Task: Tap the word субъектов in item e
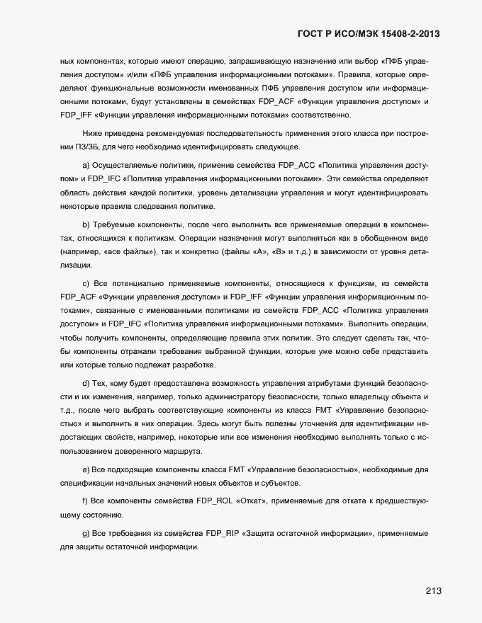pyautogui.click(x=280, y=484)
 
